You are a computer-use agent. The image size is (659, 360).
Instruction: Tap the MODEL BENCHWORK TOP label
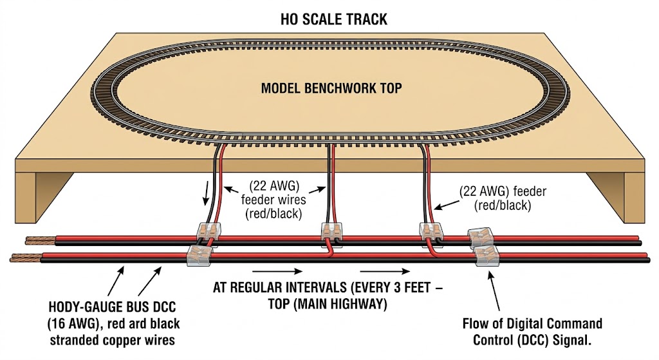tap(331, 88)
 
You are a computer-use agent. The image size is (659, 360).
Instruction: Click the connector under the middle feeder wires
tap(330, 230)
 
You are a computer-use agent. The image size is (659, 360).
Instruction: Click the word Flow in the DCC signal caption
tap(476, 323)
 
